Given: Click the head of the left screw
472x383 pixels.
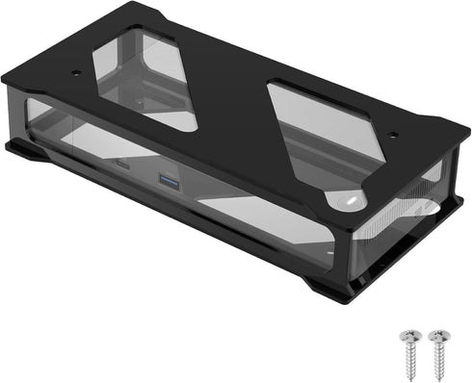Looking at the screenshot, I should [406, 337].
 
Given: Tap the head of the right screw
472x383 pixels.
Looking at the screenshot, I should [438, 337].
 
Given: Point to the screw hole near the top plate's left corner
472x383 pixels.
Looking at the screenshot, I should [78, 73].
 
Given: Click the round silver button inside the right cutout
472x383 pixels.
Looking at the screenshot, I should [348, 200].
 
